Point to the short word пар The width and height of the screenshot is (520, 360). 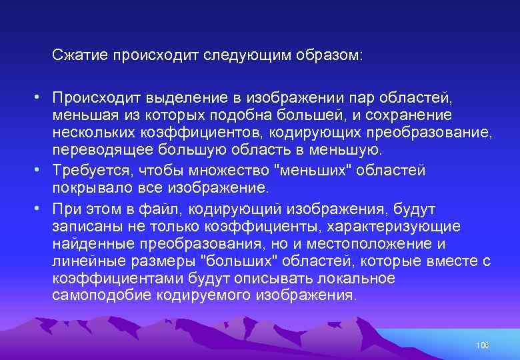tap(359, 99)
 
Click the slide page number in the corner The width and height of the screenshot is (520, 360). tap(483, 345)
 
